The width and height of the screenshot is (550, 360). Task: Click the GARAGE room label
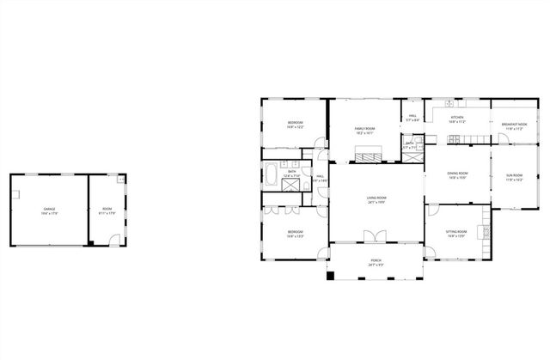coord(49,209)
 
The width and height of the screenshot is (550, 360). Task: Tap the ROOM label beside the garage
coord(107,209)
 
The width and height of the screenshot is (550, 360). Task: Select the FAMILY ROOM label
coord(364,129)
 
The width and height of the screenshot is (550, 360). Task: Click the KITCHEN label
coord(456,118)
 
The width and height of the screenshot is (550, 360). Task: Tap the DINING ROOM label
coord(456,174)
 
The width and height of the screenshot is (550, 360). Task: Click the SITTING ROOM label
coord(456,231)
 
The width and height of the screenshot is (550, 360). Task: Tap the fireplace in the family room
coord(370,155)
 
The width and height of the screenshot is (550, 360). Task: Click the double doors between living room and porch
coord(372,236)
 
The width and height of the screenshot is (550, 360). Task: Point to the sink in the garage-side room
coord(121,180)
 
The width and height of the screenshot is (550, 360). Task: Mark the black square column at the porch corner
coord(329,277)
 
